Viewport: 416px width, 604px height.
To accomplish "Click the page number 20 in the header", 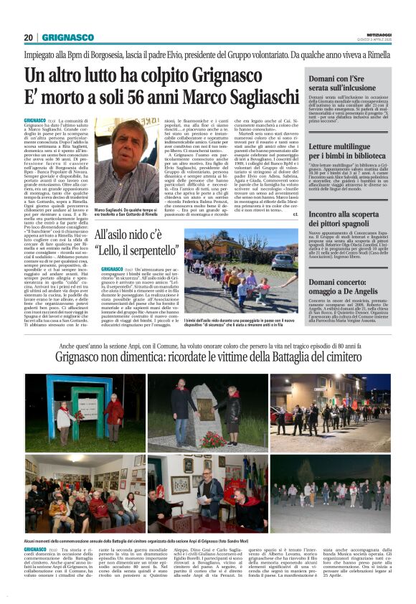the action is click(29, 37).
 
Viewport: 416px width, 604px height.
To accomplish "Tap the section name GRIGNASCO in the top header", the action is click(67, 37).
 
